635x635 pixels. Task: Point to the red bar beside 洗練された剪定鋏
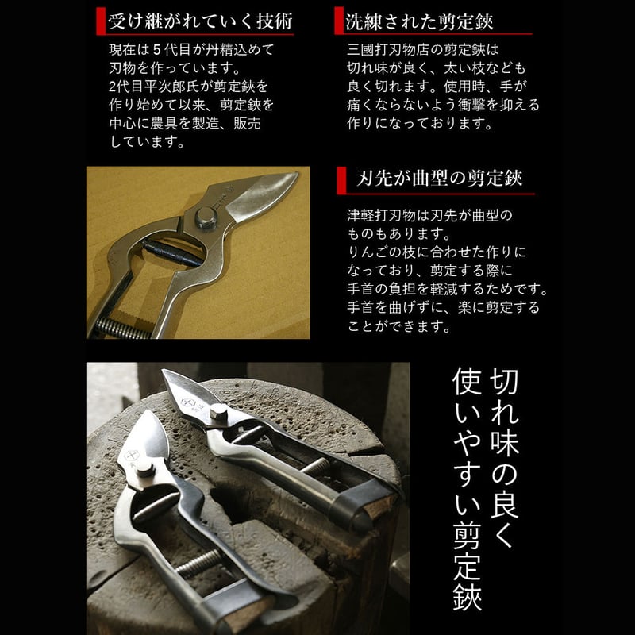point(339,21)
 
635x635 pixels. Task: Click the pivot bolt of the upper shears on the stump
point(217,413)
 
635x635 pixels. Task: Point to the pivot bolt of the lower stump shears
point(144,469)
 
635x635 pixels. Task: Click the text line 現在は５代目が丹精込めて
point(191,49)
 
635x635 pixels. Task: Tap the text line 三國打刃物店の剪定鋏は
point(421,49)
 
